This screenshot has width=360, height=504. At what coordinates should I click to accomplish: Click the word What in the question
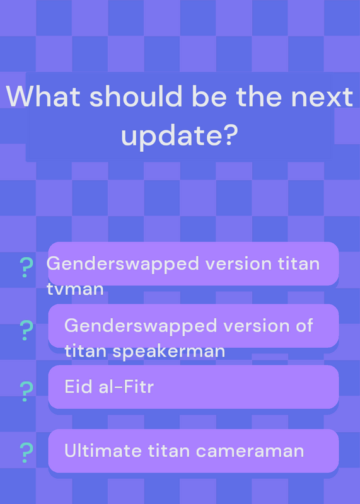(43, 96)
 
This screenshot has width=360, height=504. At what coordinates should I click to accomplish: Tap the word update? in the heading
(180, 135)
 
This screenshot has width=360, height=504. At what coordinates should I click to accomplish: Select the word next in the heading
(322, 96)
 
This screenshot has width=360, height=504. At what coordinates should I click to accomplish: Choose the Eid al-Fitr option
(194, 387)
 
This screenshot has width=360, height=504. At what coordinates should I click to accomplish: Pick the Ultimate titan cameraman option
(194, 450)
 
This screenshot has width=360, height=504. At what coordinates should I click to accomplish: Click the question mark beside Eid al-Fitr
(26, 391)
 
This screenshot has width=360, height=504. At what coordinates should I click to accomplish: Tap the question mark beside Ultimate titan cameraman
(26, 452)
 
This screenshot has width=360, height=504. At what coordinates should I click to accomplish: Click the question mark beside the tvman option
(26, 267)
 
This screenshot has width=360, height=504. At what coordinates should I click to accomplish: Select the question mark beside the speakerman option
(26, 330)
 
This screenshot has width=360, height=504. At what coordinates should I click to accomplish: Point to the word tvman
(75, 289)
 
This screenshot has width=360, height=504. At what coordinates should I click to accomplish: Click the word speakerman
(168, 352)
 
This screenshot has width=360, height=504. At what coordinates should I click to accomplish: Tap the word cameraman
(250, 451)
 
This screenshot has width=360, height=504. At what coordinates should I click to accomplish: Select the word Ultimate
(103, 450)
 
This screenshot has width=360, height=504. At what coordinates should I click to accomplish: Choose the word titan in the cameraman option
(169, 450)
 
